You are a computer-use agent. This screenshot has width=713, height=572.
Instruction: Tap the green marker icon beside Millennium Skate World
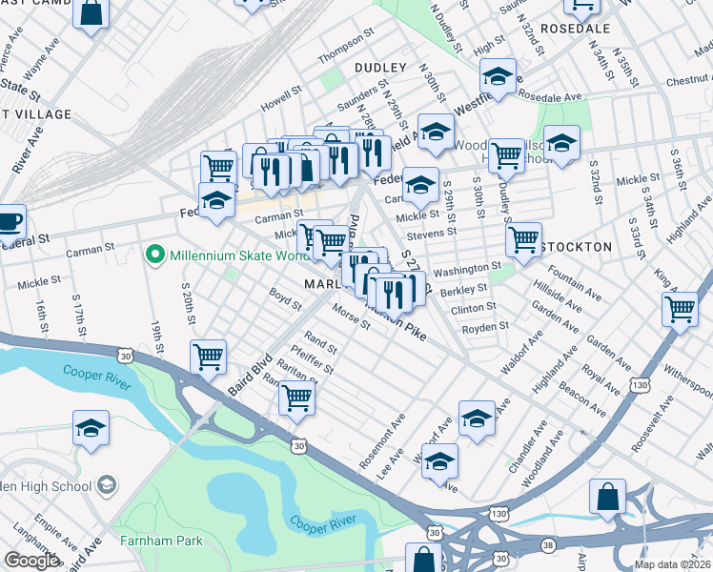point(153,255)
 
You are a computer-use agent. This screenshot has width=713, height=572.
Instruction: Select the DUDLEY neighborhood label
point(380,68)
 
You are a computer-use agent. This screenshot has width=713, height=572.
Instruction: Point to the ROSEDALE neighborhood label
point(575,29)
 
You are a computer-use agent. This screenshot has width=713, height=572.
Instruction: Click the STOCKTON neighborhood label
point(577,246)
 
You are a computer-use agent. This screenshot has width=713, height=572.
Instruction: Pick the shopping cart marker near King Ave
point(680,309)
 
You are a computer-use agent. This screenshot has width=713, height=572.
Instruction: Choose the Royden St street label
point(486,327)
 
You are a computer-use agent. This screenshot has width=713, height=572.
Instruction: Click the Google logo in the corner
point(31,560)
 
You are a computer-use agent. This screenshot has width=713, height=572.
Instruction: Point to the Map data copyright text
point(672,564)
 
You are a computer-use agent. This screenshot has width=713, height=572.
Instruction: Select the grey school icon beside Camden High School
point(108,485)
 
